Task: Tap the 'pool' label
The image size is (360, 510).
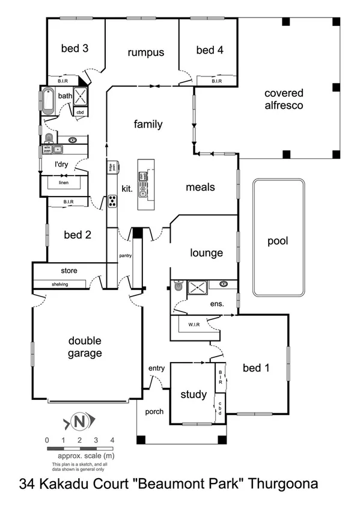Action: [278, 241]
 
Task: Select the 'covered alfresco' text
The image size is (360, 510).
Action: [284, 99]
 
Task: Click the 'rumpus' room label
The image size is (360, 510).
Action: [145, 52]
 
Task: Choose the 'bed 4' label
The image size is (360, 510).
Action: [210, 50]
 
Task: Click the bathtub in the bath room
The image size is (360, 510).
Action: [48, 102]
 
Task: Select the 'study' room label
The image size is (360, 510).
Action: [194, 395]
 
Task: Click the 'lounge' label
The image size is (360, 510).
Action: [207, 253]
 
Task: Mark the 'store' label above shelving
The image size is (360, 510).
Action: [69, 271]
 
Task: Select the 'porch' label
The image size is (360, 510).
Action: [154, 411]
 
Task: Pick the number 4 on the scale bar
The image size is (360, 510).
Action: [112, 440]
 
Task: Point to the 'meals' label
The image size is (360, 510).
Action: [200, 187]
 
